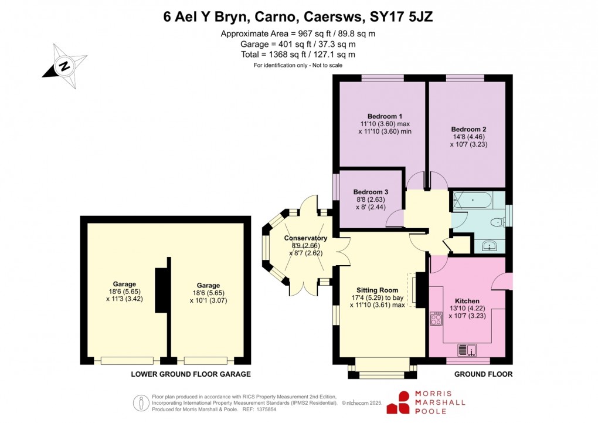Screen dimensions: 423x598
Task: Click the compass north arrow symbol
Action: pos(64,66)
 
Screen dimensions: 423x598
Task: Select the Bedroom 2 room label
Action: pos(468,129)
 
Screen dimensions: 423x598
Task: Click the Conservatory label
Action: pos(305,238)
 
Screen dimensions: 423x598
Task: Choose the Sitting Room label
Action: pos(377,290)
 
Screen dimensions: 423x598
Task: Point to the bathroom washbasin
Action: pos(489,246)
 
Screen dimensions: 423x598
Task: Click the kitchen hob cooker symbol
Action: pos(436,319)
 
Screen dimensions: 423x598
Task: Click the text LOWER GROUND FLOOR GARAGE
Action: pos(191,374)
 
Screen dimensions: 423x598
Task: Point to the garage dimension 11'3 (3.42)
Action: pos(125,299)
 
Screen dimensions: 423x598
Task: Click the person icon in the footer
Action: pos(141,403)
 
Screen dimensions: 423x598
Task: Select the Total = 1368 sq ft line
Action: pos(298,55)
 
